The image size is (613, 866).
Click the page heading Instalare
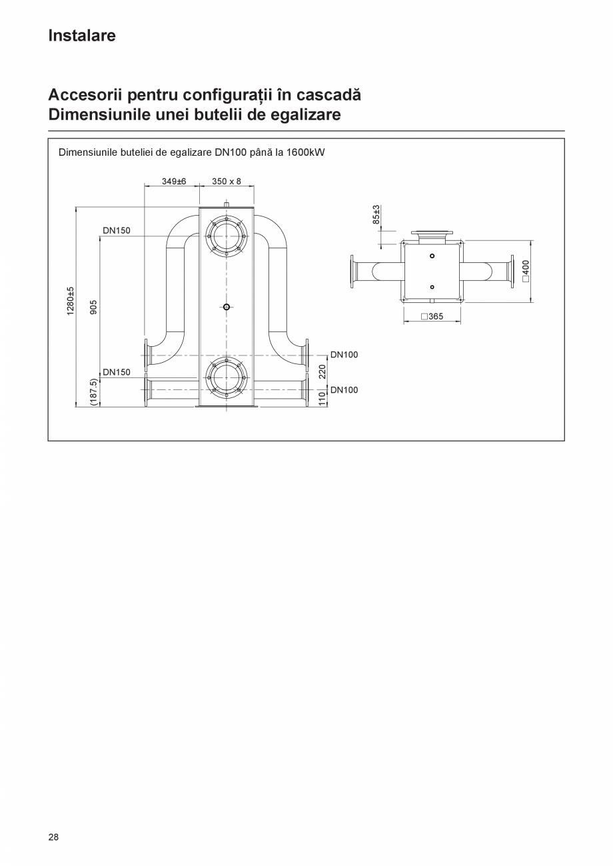[x=81, y=36]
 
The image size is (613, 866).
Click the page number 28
[x=53, y=837]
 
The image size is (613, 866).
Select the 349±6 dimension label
[x=173, y=181]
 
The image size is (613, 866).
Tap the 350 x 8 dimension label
[x=227, y=181]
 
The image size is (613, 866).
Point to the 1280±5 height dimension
[x=70, y=302]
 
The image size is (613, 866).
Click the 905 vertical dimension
[x=94, y=307]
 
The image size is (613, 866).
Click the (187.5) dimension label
[x=93, y=393]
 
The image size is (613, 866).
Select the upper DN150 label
[x=117, y=230]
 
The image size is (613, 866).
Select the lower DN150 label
[x=117, y=372]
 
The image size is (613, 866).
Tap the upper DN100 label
[x=344, y=355]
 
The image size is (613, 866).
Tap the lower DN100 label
[x=344, y=390]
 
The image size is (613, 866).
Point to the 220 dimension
[x=322, y=371]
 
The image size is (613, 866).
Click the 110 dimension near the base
[x=322, y=398]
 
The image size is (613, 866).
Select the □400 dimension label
[x=526, y=271]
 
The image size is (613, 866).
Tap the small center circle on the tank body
[x=227, y=307]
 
